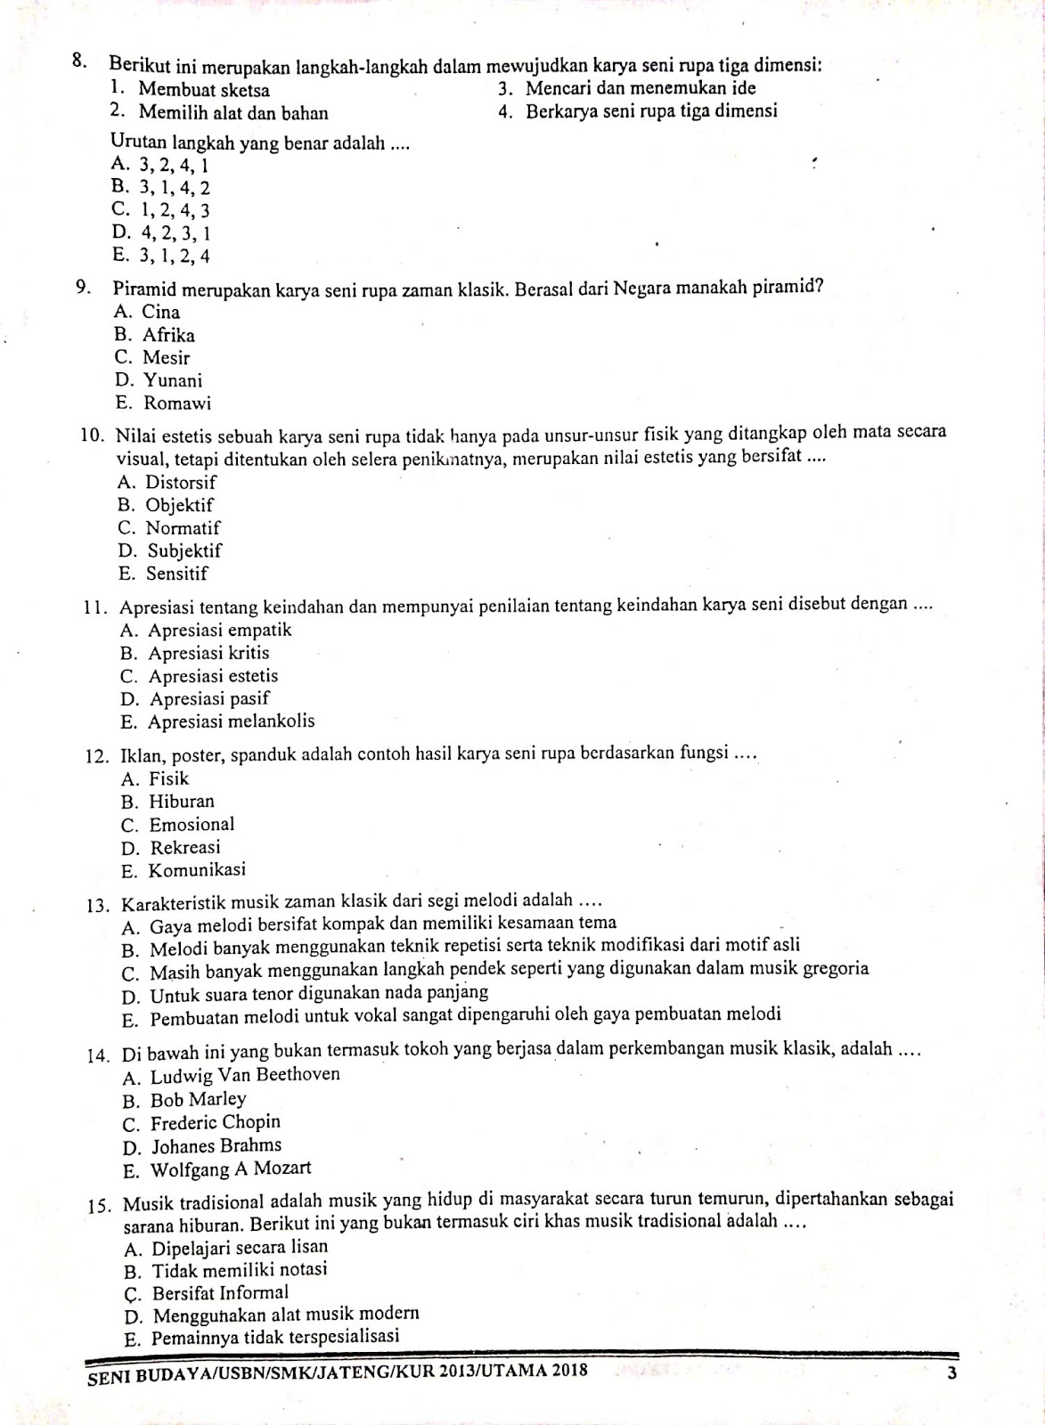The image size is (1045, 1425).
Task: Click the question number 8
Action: click(79, 62)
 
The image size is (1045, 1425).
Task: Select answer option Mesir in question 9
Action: click(167, 358)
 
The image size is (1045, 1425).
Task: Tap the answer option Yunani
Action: click(173, 381)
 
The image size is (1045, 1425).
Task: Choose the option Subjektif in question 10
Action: click(184, 551)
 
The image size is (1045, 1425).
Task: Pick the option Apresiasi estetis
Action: click(213, 676)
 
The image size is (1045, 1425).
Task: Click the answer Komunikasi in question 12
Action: click(197, 870)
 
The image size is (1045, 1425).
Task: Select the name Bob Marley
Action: click(198, 1100)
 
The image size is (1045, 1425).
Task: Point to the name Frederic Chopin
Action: click(215, 1122)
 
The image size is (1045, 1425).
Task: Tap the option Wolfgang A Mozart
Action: click(230, 1168)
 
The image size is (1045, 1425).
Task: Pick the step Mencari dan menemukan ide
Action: click(640, 88)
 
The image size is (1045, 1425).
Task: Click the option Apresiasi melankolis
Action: click(232, 721)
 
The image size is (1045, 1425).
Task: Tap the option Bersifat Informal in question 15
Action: click(220, 1292)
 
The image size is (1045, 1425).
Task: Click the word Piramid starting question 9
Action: click(145, 289)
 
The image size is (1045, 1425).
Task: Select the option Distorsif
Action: click(181, 483)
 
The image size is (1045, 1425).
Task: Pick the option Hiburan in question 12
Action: click(182, 802)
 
